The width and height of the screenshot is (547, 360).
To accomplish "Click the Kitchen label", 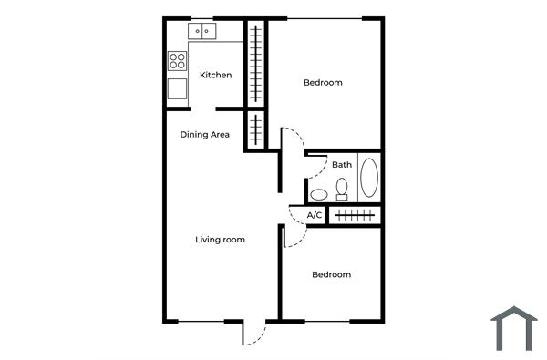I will point(216,75).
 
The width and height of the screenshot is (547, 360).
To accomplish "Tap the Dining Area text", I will point(204,135).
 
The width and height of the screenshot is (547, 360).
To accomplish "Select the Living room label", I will point(221,240).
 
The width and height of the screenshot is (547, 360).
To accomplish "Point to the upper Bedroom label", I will point(323,83).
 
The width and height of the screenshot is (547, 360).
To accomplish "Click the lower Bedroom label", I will point(331,274).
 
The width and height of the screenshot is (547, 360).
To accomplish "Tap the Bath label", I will point(342,165).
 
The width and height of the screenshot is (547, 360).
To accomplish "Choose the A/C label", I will point(315,215).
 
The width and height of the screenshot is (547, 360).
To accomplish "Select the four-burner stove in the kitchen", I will point(178,61).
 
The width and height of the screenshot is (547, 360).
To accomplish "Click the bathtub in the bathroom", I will point(369,179).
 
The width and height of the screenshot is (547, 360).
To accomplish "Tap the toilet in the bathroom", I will point(342,189).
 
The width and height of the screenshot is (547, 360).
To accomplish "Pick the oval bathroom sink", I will point(319,194).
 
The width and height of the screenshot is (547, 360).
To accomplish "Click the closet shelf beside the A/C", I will point(354,215).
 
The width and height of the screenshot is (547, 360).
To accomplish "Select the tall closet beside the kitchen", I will point(256,64).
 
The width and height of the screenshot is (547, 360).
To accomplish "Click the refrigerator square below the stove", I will point(178,88).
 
